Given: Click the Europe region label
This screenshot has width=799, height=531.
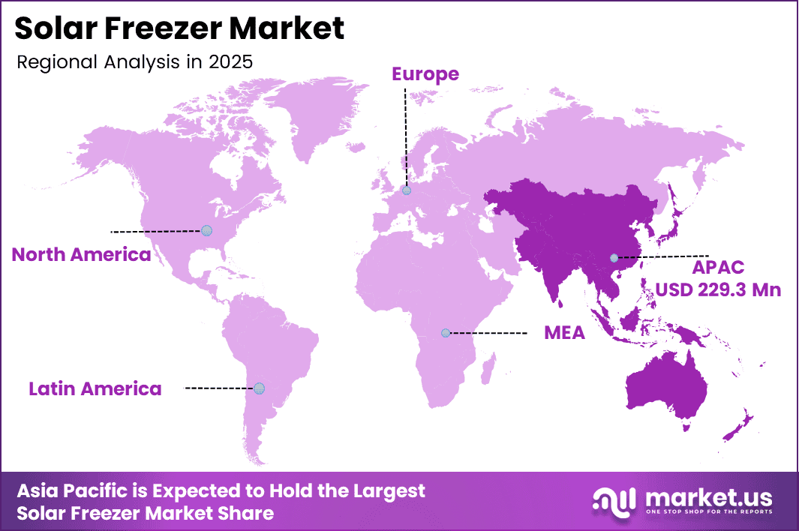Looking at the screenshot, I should point(425,73).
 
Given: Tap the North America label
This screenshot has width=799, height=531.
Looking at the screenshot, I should point(81,254).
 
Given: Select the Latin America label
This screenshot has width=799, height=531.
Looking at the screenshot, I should point(95,388).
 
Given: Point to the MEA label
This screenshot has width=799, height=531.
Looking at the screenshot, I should point(564,333).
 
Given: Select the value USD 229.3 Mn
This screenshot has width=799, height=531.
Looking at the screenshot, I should point(718,289).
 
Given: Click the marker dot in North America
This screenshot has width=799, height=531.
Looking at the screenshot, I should point(206,231).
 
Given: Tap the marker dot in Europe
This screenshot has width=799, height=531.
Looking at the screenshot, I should point(407,190).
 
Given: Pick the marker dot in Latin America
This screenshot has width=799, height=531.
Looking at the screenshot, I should point(259,388).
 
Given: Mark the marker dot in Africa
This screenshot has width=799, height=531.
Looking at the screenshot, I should point(446,332).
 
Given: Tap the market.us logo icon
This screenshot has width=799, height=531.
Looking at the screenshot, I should point(613,500).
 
